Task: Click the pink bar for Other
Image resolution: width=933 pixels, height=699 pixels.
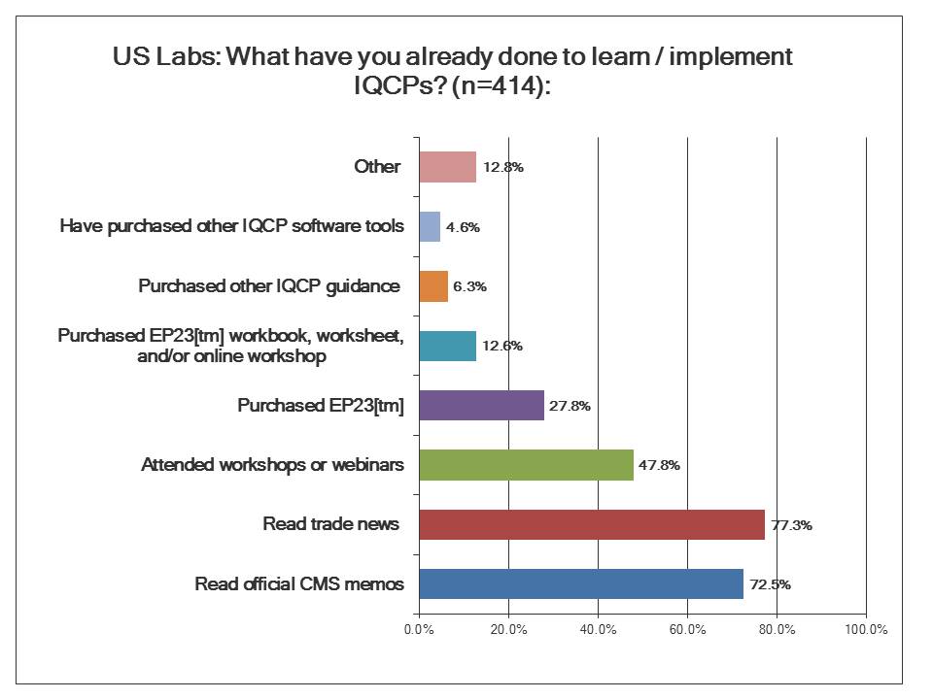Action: tap(447, 167)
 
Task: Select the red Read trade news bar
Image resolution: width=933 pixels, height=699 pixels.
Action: tap(591, 524)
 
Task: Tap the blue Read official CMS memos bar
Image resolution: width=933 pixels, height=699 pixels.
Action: tap(580, 584)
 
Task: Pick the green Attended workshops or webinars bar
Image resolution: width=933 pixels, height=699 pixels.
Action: tap(526, 465)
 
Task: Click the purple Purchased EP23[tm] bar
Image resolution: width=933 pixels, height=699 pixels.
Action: tap(481, 405)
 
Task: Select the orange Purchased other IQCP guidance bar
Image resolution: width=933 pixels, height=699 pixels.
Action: tap(433, 286)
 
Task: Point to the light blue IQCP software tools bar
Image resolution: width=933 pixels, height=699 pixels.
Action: tap(430, 227)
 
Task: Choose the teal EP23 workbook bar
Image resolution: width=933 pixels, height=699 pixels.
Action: tap(447, 346)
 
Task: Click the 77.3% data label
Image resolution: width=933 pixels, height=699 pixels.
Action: tap(791, 525)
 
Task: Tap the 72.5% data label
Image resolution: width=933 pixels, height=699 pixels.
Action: tap(770, 584)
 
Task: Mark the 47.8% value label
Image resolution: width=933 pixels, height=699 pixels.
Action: tap(659, 465)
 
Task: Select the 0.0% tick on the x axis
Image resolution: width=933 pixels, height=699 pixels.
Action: tap(419, 629)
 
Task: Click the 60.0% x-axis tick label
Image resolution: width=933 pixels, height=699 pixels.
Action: tap(687, 629)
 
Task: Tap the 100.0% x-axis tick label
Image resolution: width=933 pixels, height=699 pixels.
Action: tap(866, 629)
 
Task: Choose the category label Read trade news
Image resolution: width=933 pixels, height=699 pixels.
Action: tap(330, 524)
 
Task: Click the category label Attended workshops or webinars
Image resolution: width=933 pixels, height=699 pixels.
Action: tap(272, 465)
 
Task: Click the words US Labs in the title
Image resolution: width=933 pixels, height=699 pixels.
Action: tap(166, 56)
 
